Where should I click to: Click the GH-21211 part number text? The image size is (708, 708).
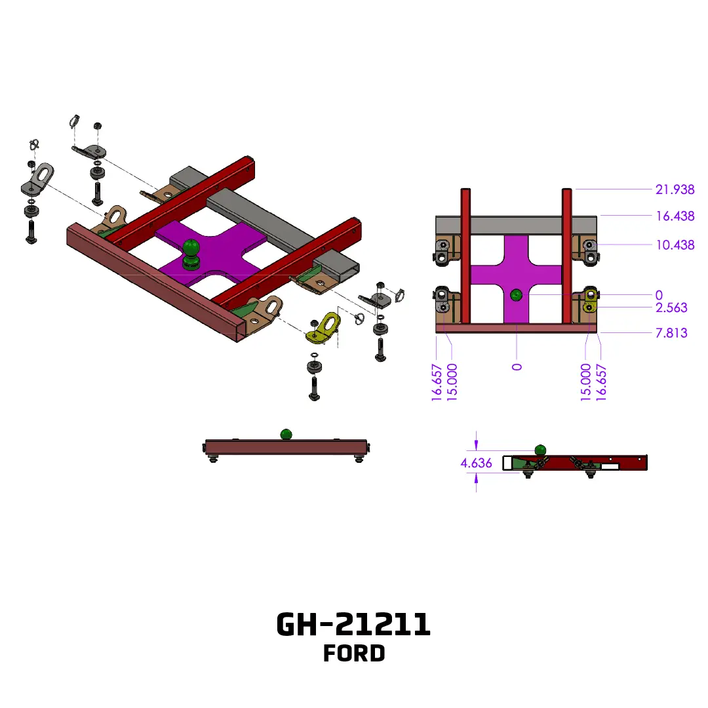pos(353,625)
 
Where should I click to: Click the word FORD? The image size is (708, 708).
pos(354,654)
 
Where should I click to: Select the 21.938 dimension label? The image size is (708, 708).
pos(675,189)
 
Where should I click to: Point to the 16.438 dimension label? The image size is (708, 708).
pos(675,216)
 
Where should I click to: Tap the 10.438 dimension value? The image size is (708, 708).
pos(675,245)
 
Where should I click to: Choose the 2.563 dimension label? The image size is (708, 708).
pos(671,307)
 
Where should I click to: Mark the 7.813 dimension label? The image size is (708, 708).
pos(671,333)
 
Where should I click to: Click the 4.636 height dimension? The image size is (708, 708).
pos(476,463)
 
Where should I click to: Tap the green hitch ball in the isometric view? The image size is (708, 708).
pos(191,254)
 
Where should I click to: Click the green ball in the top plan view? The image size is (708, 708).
pos(516,295)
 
